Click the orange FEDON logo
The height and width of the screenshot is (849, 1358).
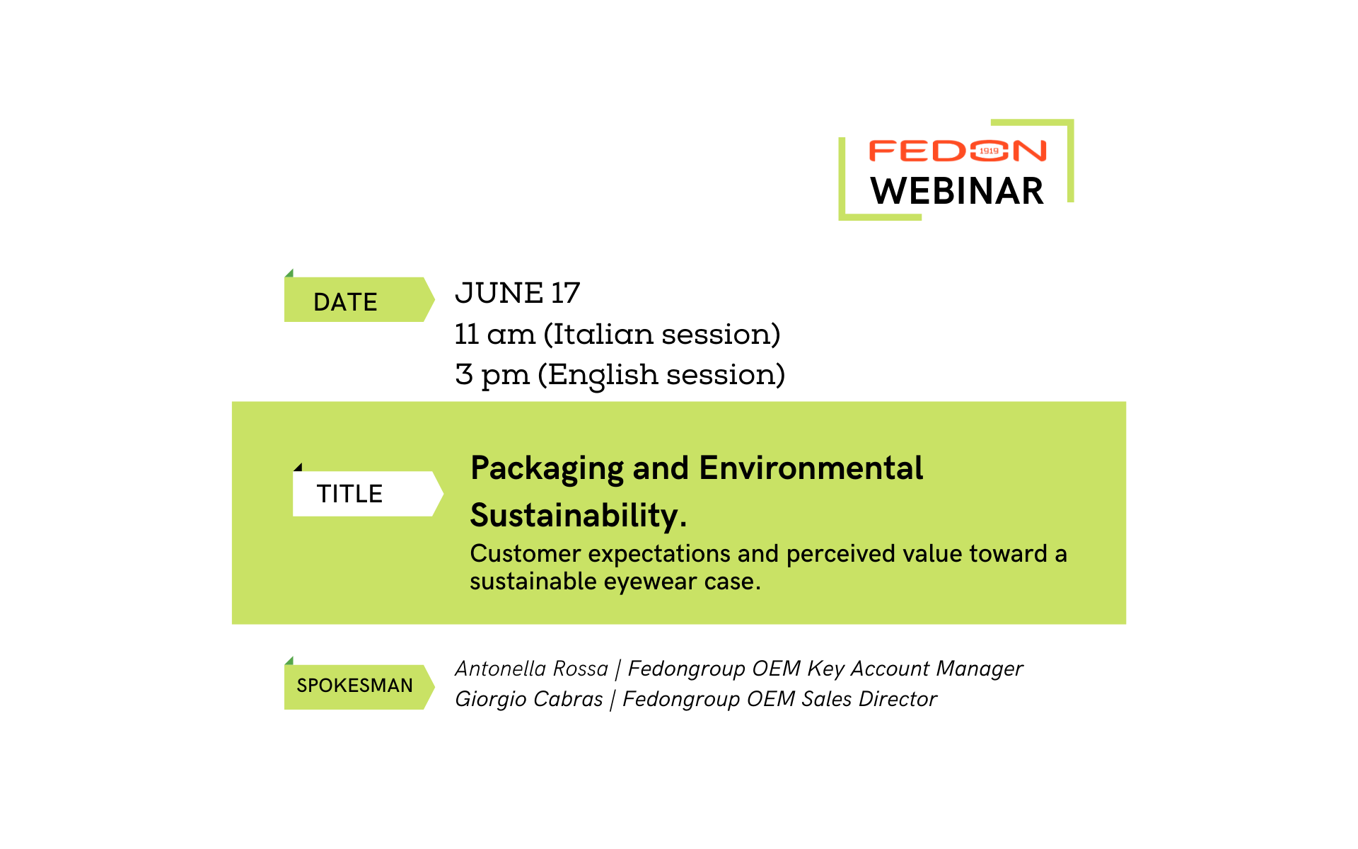point(957,151)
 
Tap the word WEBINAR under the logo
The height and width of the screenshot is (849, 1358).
point(957,191)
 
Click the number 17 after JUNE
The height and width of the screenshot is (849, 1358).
point(566,293)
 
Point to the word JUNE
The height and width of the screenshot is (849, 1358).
point(499,293)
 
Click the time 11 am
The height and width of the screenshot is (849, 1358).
point(495,334)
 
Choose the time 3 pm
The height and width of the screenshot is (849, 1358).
point(492,375)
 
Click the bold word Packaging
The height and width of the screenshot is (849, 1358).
point(547,469)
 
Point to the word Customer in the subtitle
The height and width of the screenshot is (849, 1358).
point(526,553)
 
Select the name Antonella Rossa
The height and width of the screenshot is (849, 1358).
point(532,669)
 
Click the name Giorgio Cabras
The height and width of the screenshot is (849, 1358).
point(529,699)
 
